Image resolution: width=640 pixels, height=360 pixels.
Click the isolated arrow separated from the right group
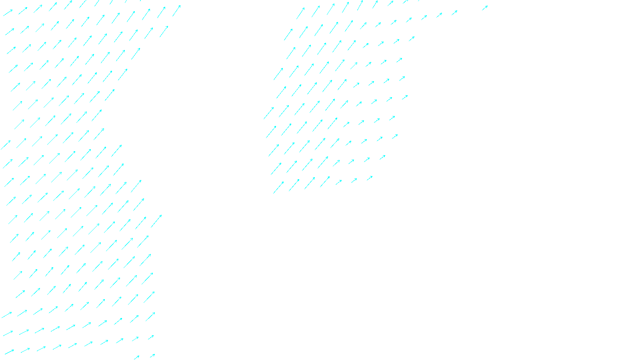[484, 8]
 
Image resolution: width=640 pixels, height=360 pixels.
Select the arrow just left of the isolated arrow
[454, 13]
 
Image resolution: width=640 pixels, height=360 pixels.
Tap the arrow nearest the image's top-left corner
[8, 13]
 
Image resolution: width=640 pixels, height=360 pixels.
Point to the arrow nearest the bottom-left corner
[9, 352]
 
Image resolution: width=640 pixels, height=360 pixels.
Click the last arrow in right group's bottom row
[370, 178]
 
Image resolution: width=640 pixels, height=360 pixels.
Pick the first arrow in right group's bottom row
[278, 187]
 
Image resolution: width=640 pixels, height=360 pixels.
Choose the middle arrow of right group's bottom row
[325, 181]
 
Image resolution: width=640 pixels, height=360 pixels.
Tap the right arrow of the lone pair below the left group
[152, 356]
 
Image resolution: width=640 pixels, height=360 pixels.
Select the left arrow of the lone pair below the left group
[136, 357]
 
